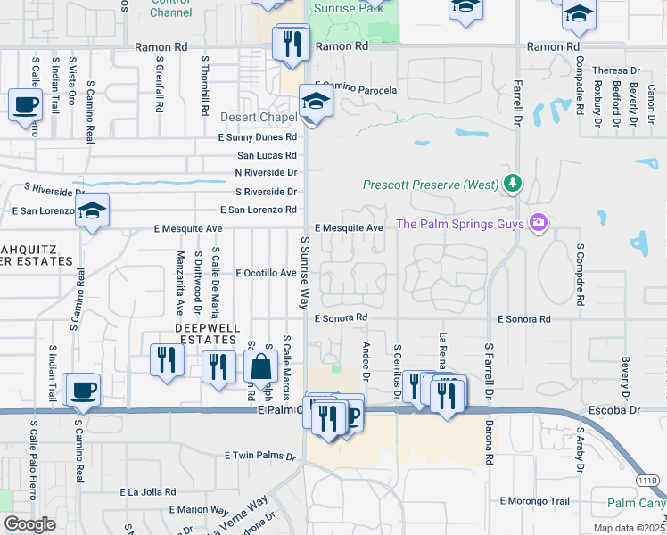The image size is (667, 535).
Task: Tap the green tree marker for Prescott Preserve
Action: tap(512, 184)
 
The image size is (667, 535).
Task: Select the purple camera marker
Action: tap(538, 223)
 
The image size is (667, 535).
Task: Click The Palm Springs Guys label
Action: tap(459, 224)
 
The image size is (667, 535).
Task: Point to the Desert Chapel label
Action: tap(259, 117)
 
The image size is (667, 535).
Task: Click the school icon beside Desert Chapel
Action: tap(315, 103)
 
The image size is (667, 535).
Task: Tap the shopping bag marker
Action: tap(262, 366)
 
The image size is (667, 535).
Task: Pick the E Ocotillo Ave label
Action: tap(266, 273)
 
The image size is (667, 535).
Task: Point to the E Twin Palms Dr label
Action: tap(259, 455)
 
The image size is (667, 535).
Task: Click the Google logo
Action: tap(29, 524)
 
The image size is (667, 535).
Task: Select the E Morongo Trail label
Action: tap(534, 501)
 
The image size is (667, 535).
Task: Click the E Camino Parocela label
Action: tap(355, 90)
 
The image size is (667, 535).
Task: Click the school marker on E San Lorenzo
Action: tap(91, 212)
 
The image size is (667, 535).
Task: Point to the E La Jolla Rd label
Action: tap(147, 491)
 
